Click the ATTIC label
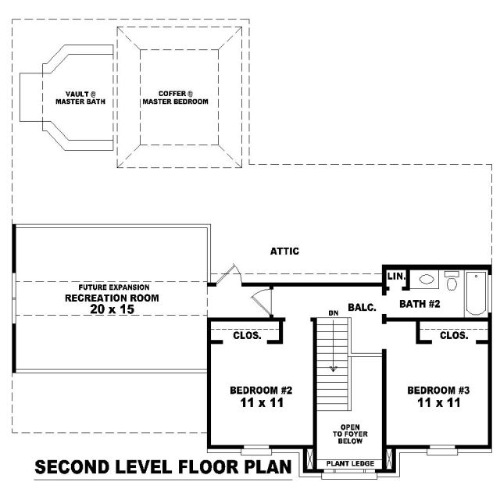pyautogui.click(x=284, y=252)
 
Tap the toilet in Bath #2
pyautogui.click(x=452, y=280)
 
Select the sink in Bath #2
pyautogui.click(x=427, y=280)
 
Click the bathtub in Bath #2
pyautogui.click(x=476, y=294)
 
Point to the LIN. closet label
pyautogui.click(x=396, y=276)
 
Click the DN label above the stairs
pyautogui.click(x=334, y=313)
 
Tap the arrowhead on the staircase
pyautogui.click(x=334, y=369)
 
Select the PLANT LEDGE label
pyautogui.click(x=350, y=463)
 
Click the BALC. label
pyautogui.click(x=362, y=307)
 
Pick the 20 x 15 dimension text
pyautogui.click(x=112, y=309)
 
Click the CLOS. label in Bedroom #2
pyautogui.click(x=247, y=335)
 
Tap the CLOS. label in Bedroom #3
pyautogui.click(x=454, y=335)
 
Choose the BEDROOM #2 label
pyautogui.click(x=261, y=390)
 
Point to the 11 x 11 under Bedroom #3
pyautogui.click(x=439, y=403)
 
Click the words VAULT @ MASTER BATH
pyautogui.click(x=80, y=98)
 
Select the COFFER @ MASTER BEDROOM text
pyautogui.click(x=175, y=98)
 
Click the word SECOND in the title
pyautogui.click(x=72, y=467)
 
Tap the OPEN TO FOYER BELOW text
pyautogui.click(x=350, y=434)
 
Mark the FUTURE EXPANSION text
pyautogui.click(x=114, y=287)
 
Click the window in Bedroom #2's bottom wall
pyautogui.click(x=256, y=452)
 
